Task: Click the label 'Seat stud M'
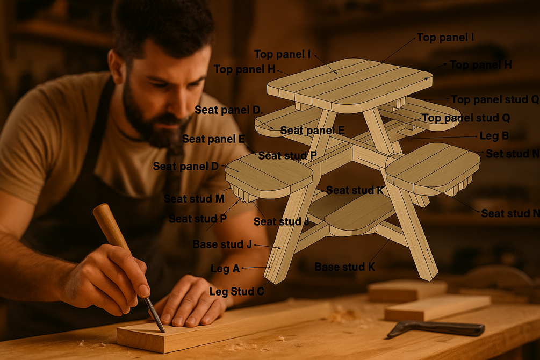[194, 199]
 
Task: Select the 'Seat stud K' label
[355, 190]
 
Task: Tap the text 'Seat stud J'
[282, 221]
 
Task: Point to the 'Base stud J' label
[222, 244]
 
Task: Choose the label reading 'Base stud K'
[345, 267]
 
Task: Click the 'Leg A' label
[225, 268]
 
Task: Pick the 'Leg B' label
[494, 136]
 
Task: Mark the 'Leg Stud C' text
[237, 291]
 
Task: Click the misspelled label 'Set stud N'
[513, 154]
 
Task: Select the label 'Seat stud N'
[510, 213]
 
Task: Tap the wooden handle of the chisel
[112, 227]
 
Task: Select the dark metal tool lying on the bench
[436, 328]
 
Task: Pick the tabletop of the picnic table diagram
[350, 85]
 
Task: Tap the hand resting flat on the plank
[193, 304]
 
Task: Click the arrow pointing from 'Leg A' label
[256, 268]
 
